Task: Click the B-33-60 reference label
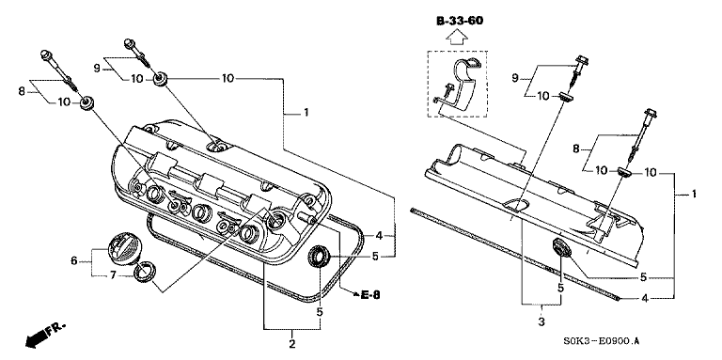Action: pos(460,21)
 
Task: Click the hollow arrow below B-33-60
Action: pos(457,37)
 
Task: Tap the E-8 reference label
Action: pos(370,294)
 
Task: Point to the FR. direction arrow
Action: pos(45,335)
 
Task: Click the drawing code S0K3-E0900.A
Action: pos(601,341)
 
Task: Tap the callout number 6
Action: pos(74,260)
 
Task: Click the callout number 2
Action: pos(292,343)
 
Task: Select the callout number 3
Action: pos(541,321)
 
